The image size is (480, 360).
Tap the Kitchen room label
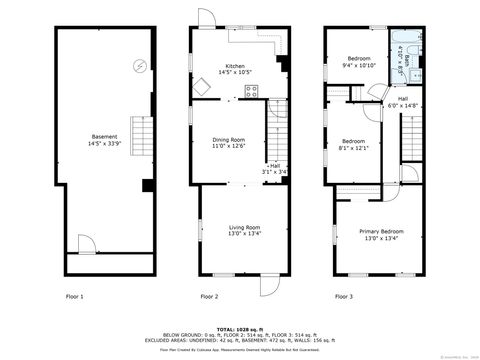(235, 68)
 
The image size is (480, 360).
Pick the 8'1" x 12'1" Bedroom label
(356, 144)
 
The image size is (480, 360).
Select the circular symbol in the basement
(139, 68)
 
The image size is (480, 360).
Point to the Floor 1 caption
(75, 296)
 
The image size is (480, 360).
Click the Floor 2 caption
(209, 296)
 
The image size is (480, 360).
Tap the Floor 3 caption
(344, 296)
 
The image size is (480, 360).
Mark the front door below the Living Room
(269, 284)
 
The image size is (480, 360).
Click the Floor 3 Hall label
(403, 102)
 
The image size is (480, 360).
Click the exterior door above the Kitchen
(205, 17)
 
